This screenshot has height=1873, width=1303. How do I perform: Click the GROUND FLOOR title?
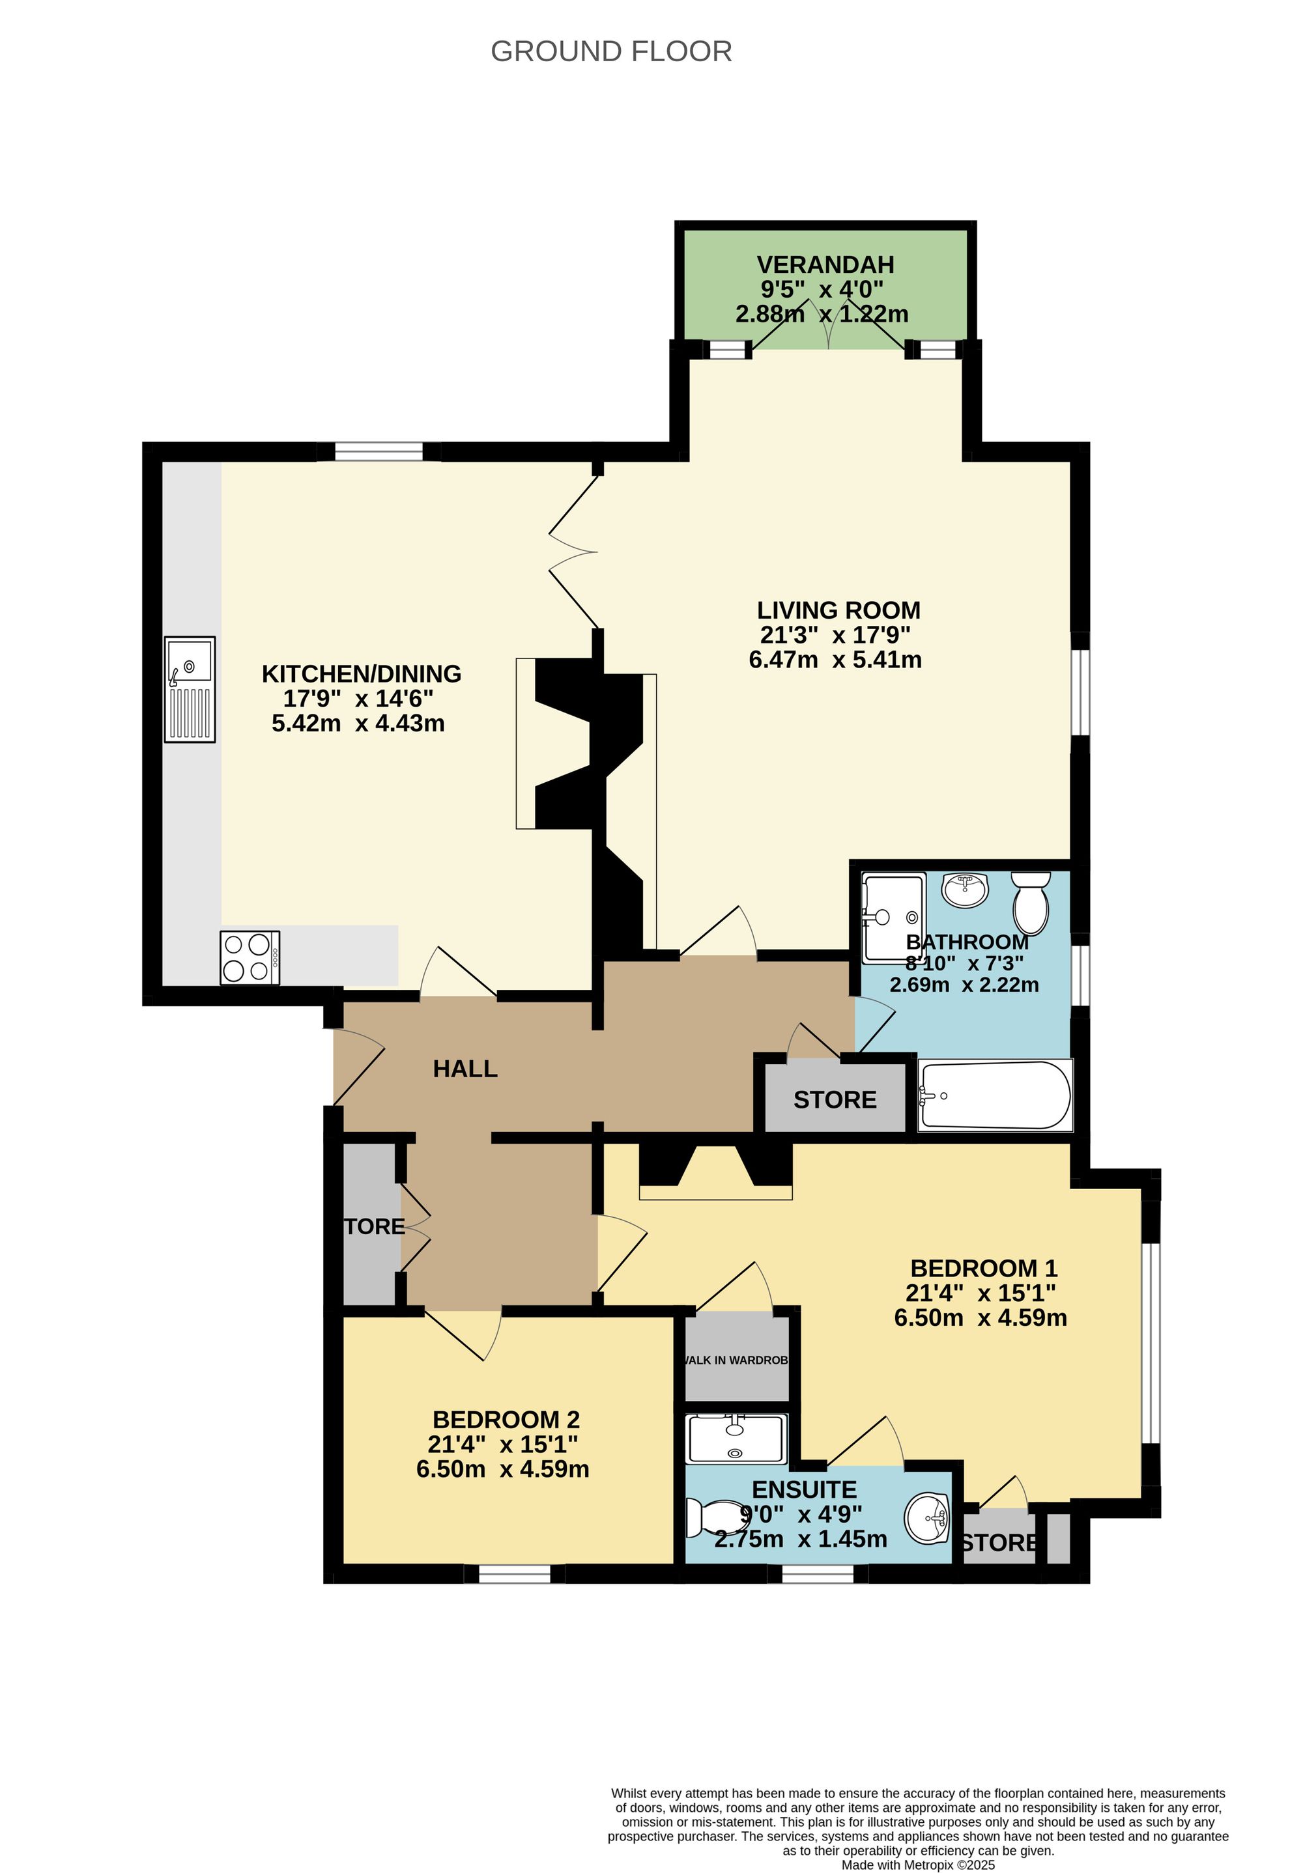[610, 51]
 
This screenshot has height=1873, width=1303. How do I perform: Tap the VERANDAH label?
[825, 264]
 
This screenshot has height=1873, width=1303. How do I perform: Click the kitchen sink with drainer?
[190, 688]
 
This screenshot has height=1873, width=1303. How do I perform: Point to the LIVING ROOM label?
[838, 610]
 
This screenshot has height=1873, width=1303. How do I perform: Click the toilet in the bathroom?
[1031, 903]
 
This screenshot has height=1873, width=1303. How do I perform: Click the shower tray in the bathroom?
[893, 917]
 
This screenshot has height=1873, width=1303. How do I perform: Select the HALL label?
[465, 1069]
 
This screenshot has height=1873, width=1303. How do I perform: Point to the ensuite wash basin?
[928, 1518]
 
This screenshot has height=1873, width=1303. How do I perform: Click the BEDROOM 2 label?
[506, 1420]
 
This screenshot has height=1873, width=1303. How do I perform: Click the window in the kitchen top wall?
[379, 451]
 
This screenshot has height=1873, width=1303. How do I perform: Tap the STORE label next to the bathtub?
[835, 1100]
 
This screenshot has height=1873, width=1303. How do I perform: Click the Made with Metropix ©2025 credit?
[918, 1864]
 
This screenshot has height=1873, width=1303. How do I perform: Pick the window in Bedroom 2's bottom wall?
[514, 1573]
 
